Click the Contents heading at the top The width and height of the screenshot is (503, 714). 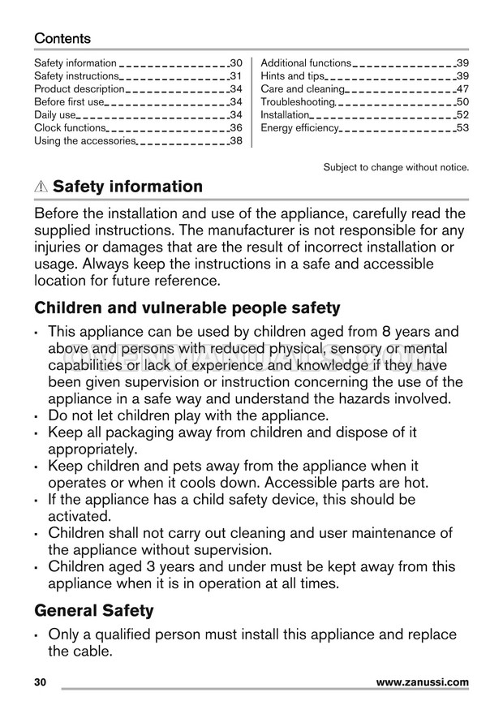click(x=62, y=38)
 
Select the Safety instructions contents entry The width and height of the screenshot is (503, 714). click(x=80, y=75)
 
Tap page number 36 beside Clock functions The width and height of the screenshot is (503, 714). click(x=236, y=127)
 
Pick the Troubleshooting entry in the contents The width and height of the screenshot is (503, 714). click(x=298, y=101)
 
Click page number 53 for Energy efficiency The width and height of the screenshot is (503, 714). click(x=462, y=127)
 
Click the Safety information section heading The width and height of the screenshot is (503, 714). click(x=127, y=187)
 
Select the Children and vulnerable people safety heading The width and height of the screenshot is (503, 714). click(x=187, y=308)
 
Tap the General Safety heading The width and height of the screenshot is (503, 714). click(x=93, y=609)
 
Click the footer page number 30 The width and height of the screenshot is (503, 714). click(x=41, y=682)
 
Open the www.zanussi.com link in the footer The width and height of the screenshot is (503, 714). click(x=423, y=682)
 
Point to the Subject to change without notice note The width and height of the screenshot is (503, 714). click(x=396, y=167)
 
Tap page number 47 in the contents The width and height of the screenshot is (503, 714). click(x=462, y=88)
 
